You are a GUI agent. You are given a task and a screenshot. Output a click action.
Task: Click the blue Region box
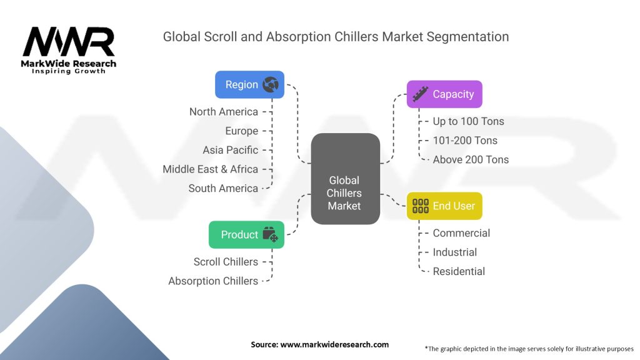[x=249, y=84]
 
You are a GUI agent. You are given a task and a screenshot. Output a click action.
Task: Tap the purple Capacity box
[x=444, y=94]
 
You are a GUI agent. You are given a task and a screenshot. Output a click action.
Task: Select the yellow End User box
[x=444, y=206]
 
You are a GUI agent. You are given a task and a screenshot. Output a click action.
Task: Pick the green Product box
[x=246, y=235]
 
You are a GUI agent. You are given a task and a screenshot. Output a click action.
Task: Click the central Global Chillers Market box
[x=345, y=179]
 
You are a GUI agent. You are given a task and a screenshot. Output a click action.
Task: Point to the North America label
[x=224, y=112]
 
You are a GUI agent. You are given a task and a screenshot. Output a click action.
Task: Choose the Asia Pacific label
[x=231, y=150]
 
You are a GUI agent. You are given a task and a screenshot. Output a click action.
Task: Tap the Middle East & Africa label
[x=210, y=169]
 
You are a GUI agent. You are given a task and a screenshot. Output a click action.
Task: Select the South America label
[x=223, y=188]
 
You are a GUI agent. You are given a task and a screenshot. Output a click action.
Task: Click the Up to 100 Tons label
[x=469, y=121]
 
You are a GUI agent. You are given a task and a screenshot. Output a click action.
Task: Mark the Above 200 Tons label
[x=471, y=159]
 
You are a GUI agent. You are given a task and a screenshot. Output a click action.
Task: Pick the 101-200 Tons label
[x=465, y=141]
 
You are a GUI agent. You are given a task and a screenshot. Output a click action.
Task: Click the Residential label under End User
[x=459, y=271]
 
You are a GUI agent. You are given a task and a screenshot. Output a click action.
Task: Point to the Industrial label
[x=455, y=252]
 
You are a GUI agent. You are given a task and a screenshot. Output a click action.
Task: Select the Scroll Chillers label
[x=226, y=262]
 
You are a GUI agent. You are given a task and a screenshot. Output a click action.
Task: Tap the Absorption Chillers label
[x=213, y=281]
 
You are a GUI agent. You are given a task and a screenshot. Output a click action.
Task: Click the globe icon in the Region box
[x=271, y=84]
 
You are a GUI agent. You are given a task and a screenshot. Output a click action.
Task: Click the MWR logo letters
[x=69, y=42]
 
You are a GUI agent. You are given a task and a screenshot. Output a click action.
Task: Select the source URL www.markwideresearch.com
[x=334, y=344]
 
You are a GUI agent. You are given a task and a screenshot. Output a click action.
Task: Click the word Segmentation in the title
[x=467, y=37]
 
